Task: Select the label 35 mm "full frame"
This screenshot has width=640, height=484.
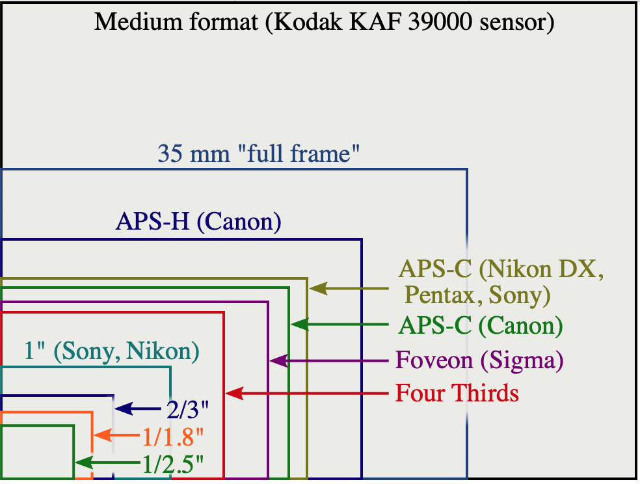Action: (259, 154)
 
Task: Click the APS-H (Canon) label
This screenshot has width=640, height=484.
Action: (198, 222)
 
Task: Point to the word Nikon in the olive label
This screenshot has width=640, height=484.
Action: (524, 268)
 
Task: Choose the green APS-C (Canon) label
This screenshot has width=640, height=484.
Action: (481, 325)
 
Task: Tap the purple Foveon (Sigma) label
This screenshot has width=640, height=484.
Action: (479, 360)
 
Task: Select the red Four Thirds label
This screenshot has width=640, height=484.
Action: (457, 394)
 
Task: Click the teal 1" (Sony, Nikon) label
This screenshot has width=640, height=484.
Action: (111, 351)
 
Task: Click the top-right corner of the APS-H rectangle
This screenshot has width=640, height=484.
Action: (361, 240)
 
